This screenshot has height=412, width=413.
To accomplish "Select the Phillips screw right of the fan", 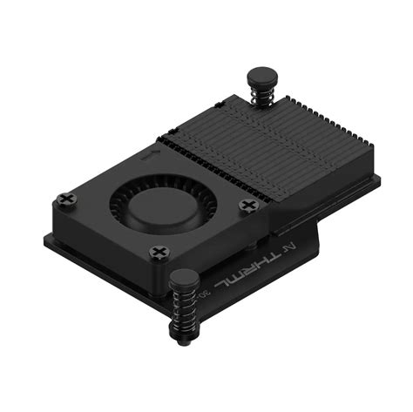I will tap(250, 206).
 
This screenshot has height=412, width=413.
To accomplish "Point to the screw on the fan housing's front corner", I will tap(159, 253).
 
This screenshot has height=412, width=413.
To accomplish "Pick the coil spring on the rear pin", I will tap(262, 95).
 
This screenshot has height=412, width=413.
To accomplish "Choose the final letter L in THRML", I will tap(220, 280).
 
